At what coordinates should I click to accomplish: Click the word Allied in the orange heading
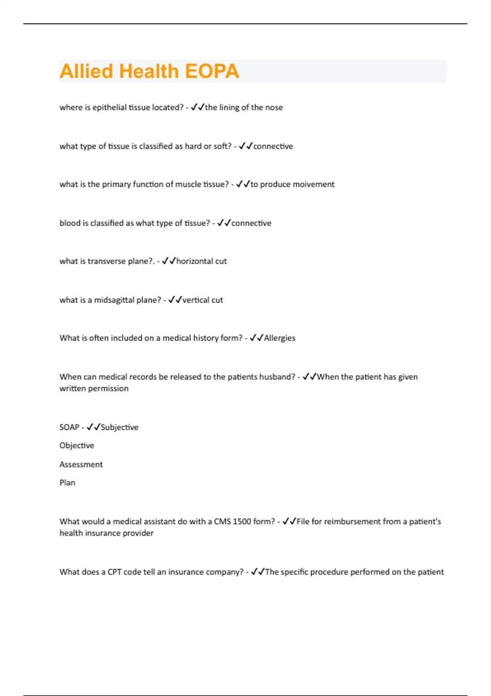coord(86,71)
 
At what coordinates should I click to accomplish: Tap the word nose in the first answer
coord(274,107)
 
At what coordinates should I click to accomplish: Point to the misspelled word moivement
coord(313,184)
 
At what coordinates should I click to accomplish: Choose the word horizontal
coord(194,261)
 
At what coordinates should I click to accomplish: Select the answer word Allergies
coord(279,338)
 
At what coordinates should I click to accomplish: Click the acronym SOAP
coord(69,427)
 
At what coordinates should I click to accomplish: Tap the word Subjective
coord(119,427)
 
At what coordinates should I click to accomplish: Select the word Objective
coord(77,445)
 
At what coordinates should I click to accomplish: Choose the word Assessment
coord(81,464)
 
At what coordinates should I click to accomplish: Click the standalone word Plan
coord(68,483)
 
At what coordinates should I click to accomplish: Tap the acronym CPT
coord(114,572)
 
